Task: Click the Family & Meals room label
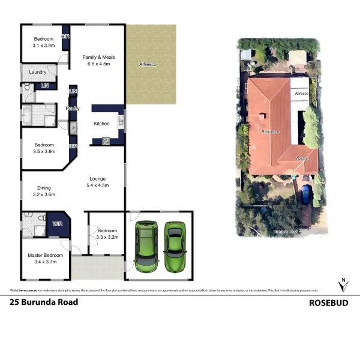tap(98, 60)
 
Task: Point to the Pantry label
tap(72, 109)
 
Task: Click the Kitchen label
tap(101, 124)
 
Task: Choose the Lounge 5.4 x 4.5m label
tap(98, 181)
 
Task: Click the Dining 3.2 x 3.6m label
tap(44, 191)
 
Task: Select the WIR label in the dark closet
tap(58, 224)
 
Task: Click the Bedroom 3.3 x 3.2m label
tap(107, 233)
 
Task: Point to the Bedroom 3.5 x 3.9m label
tap(44, 148)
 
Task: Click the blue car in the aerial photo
tap(306, 195)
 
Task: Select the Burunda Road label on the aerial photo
tap(286, 231)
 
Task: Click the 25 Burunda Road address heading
tap(44, 302)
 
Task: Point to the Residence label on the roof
tap(271, 131)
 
